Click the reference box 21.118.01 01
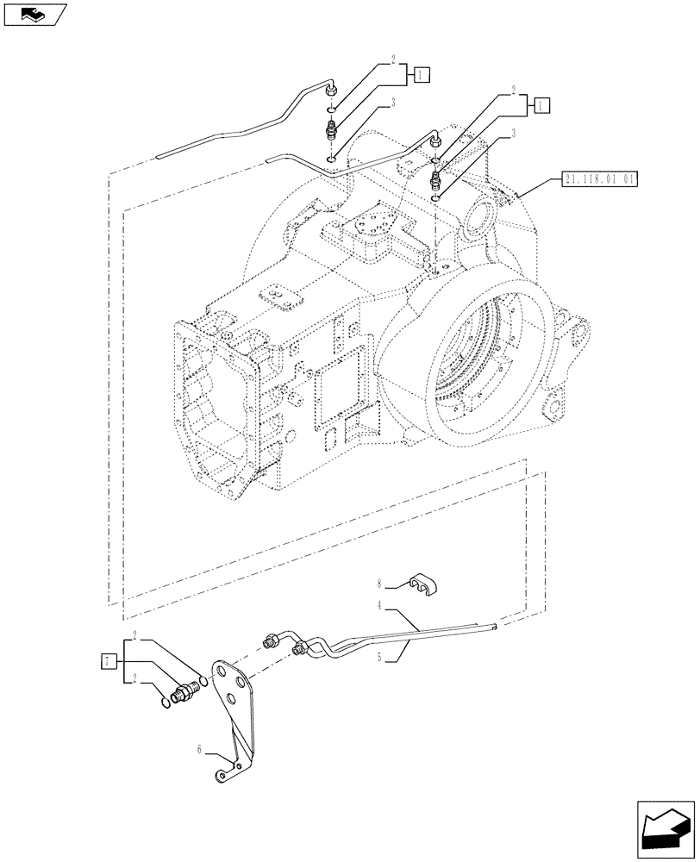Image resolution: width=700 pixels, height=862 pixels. click(x=598, y=180)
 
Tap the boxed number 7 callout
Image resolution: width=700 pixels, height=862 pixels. click(x=108, y=661)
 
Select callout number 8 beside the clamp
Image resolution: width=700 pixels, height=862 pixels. click(x=378, y=584)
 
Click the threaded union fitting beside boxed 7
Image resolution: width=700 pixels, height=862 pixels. click(x=186, y=692)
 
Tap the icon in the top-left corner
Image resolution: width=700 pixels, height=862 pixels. click(x=34, y=15)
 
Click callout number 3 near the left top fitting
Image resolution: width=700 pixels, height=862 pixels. click(x=393, y=103)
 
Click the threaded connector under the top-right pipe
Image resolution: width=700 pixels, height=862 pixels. click(x=436, y=178)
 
